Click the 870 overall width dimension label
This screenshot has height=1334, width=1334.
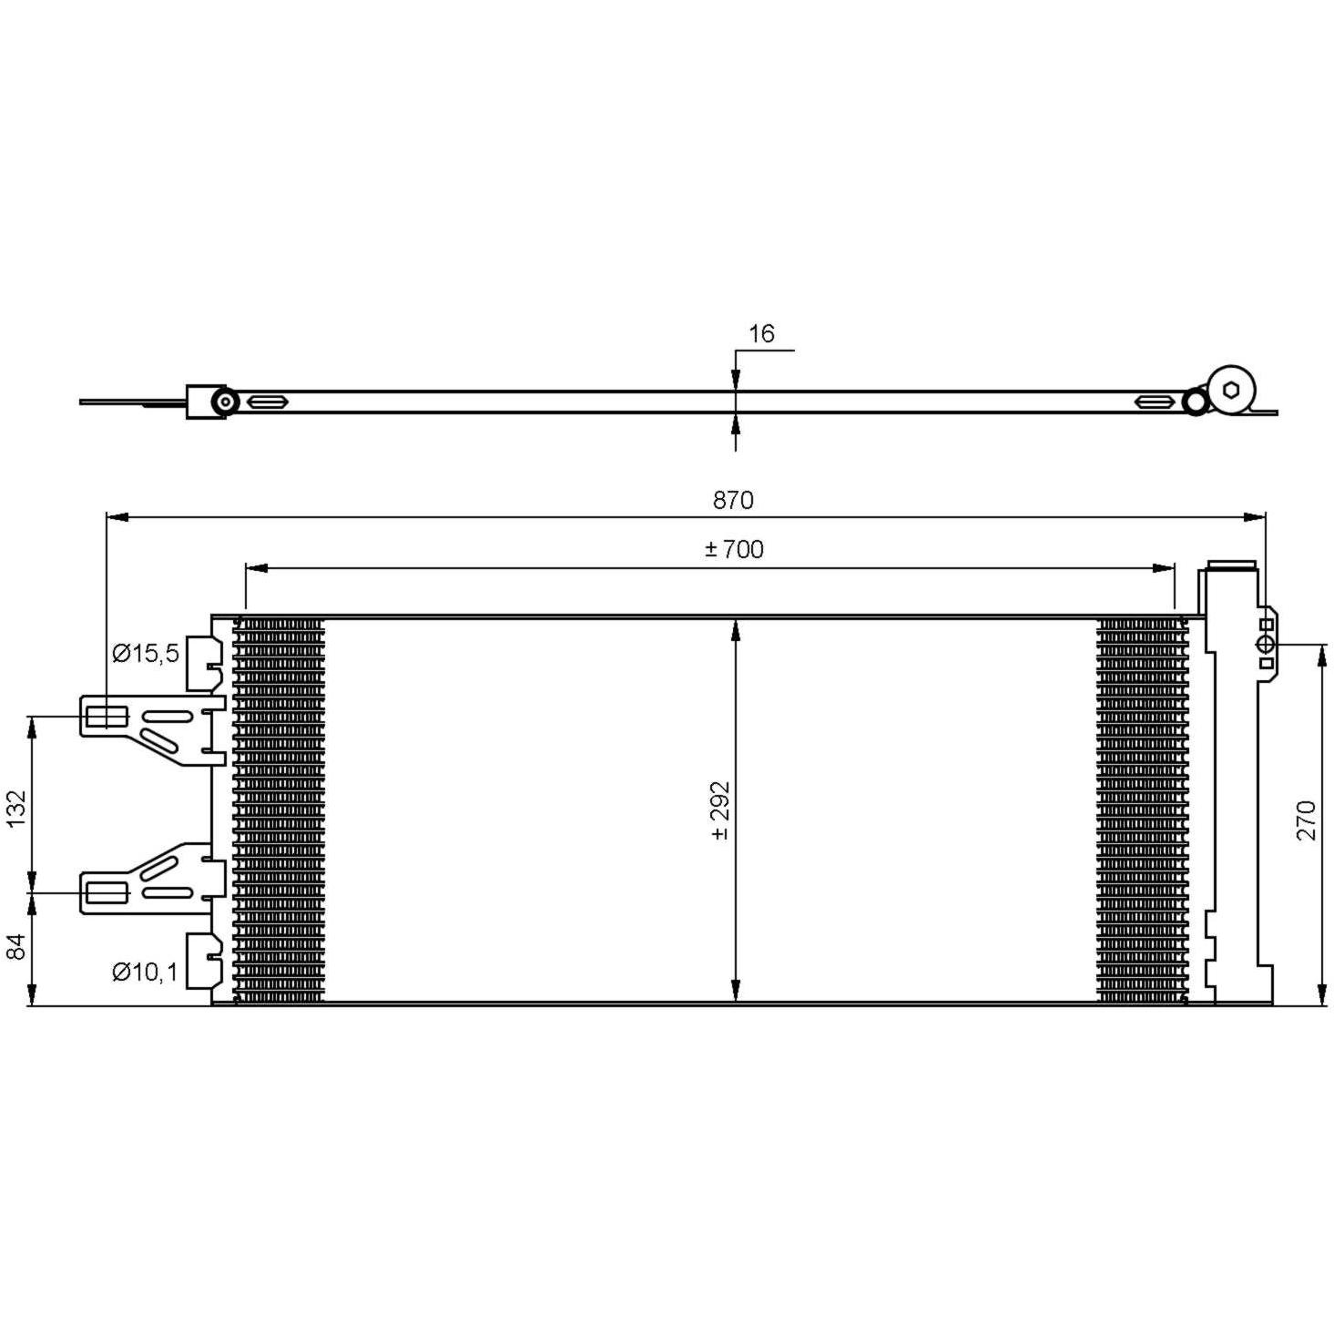pyautogui.click(x=733, y=500)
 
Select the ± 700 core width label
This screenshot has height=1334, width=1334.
pyautogui.click(x=734, y=549)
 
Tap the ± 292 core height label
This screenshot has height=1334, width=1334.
pyautogui.click(x=720, y=810)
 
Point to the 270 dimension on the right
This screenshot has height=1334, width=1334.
pyautogui.click(x=1306, y=820)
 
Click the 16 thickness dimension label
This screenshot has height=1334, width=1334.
pyautogui.click(x=761, y=333)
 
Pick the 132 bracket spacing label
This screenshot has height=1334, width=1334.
pyautogui.click(x=15, y=808)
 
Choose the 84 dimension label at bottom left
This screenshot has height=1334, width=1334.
pyautogui.click(x=15, y=947)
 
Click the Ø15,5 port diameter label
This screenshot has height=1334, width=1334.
pyautogui.click(x=146, y=652)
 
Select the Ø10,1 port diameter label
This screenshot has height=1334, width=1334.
pyautogui.click(x=146, y=972)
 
